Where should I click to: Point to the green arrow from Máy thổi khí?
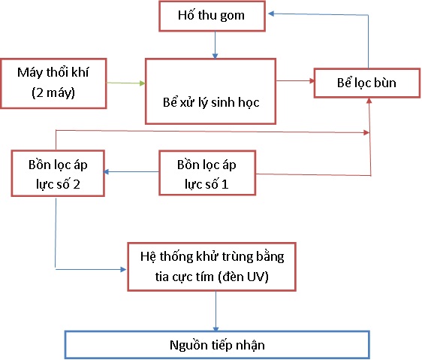[x=126, y=83]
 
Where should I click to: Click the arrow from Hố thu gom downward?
[x=215, y=45]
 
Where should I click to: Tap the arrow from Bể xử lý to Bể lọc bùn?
[x=295, y=80]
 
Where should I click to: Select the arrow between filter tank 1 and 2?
[x=131, y=171]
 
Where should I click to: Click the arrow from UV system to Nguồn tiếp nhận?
[x=216, y=311]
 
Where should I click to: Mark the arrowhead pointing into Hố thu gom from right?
[x=271, y=14]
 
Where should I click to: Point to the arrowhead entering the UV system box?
[x=123, y=269]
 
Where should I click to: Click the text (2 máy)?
[x=53, y=92]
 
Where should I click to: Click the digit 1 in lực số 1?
[x=225, y=184]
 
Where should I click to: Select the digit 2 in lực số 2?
[x=77, y=184]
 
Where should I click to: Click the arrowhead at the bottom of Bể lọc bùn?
[x=369, y=101]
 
